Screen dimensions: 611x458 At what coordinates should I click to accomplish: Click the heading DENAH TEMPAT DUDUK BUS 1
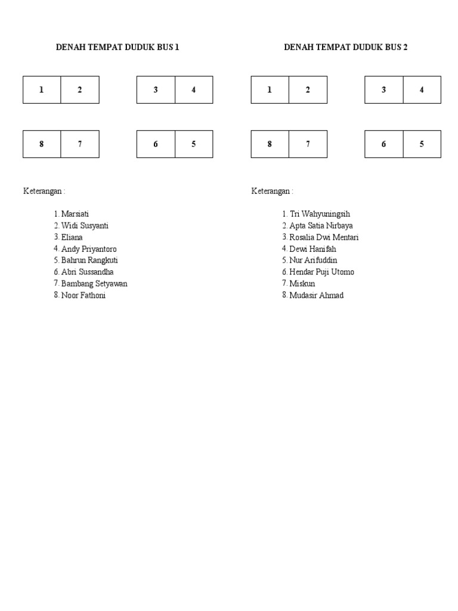pyautogui.click(x=117, y=47)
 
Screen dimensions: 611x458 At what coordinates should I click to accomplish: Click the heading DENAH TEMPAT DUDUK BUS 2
pyautogui.click(x=346, y=47)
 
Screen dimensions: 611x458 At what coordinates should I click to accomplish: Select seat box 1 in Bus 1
pyautogui.click(x=42, y=90)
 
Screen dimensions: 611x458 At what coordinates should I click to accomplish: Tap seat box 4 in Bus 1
pyautogui.click(x=194, y=90)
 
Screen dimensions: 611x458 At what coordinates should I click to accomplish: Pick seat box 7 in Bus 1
pyautogui.click(x=80, y=144)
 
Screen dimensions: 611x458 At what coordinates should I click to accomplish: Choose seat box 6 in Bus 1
pyautogui.click(x=156, y=144)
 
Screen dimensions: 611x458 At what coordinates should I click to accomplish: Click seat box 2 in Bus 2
pyautogui.click(x=308, y=90)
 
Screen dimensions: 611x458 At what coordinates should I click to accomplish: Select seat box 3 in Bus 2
pyautogui.click(x=384, y=90)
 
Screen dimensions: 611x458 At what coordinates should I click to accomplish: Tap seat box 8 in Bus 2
pyautogui.click(x=270, y=144)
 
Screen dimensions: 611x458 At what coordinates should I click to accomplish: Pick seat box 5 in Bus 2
pyautogui.click(x=422, y=144)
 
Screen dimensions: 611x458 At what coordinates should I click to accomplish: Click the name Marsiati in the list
pyautogui.click(x=75, y=214)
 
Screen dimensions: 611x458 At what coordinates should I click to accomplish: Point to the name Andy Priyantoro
pyautogui.click(x=89, y=249)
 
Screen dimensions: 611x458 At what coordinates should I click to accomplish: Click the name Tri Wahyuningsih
pyautogui.click(x=320, y=214)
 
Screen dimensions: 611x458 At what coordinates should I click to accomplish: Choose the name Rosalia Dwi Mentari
pyautogui.click(x=324, y=237)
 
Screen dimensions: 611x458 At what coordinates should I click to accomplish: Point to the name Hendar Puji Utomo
pyautogui.click(x=321, y=272)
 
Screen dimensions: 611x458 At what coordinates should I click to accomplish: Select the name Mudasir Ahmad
pyautogui.click(x=316, y=295)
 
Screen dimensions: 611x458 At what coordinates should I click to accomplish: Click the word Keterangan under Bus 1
pyautogui.click(x=42, y=191)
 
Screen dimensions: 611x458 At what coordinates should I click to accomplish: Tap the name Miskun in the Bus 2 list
pyautogui.click(x=302, y=283)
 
